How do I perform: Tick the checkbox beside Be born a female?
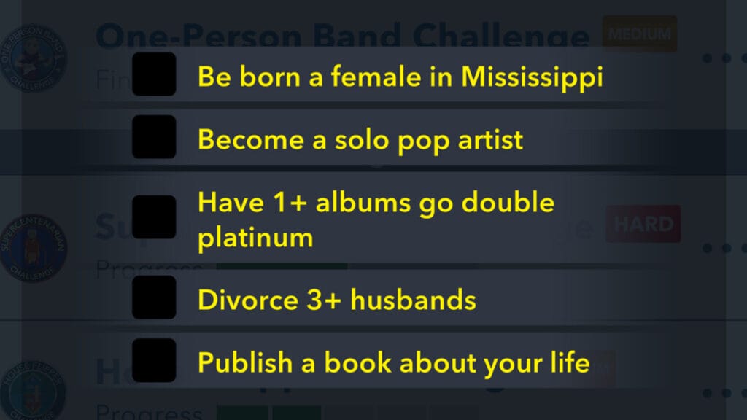pos(154,74)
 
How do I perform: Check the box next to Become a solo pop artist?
pos(154,136)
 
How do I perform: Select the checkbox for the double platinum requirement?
pos(154,217)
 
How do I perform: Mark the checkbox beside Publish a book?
pos(154,359)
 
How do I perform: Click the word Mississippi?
pos(532,77)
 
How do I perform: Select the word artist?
pos(487,139)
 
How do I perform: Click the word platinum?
pos(255,238)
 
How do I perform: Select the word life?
pos(570,362)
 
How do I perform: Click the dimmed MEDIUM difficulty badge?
pos(639,34)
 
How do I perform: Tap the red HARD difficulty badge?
pos(643,224)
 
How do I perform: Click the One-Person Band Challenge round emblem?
pos(34,58)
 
